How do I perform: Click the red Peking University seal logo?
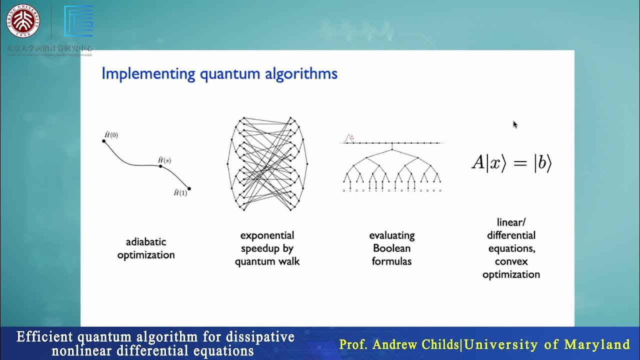[x=23, y=20]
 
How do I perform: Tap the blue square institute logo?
[x=78, y=21]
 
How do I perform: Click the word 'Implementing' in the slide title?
[x=148, y=74]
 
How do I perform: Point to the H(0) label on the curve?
[x=111, y=135]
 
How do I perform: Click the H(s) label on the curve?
[x=164, y=160]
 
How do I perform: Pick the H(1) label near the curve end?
[x=180, y=193]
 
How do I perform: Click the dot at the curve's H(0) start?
[x=104, y=141]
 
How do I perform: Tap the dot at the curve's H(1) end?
[x=189, y=189]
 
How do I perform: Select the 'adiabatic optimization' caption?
[x=146, y=248]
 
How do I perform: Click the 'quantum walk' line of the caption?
[x=267, y=261]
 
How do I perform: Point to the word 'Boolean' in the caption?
[x=391, y=248]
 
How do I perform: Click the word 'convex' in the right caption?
[x=511, y=261]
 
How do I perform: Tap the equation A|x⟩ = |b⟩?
[x=511, y=163]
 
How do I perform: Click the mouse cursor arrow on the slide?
[x=515, y=124]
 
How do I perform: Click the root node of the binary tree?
[x=392, y=149]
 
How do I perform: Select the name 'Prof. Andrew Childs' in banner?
[x=398, y=344]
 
